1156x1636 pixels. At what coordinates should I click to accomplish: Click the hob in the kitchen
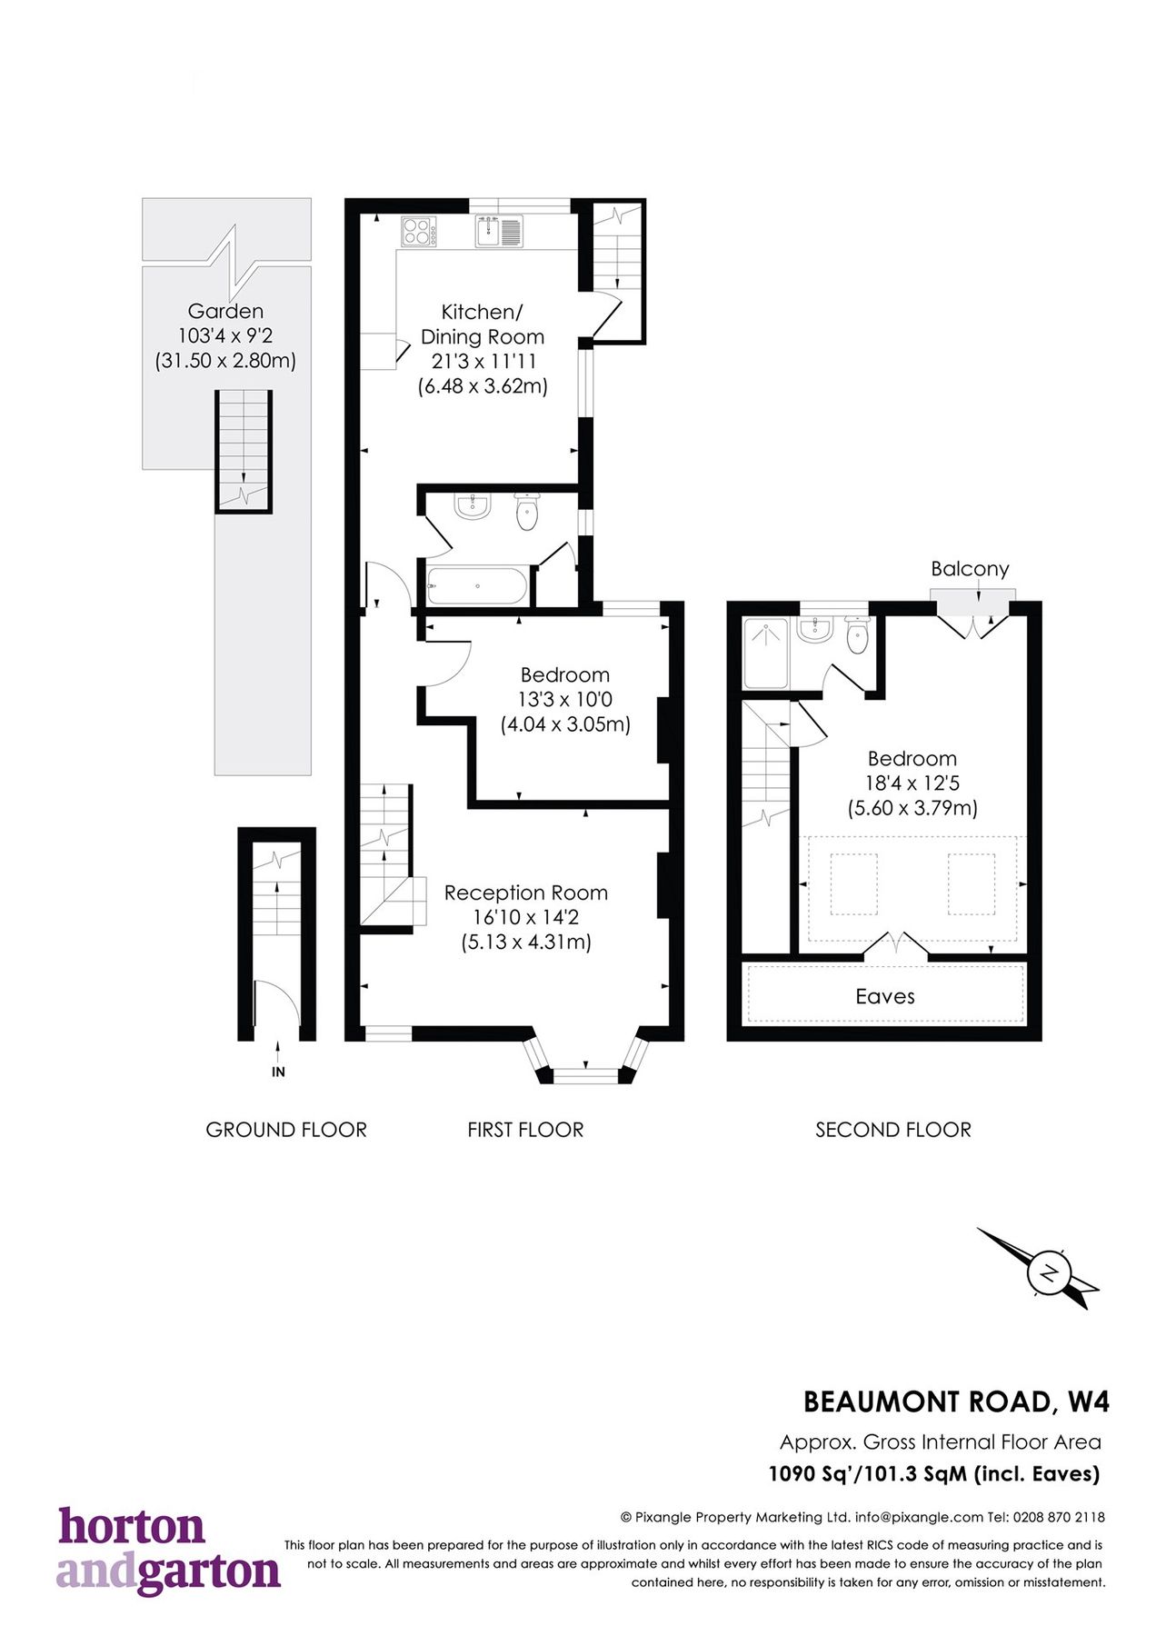418,231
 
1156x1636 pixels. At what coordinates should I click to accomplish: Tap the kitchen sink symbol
498,231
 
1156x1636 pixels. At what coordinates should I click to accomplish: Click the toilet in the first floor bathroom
526,512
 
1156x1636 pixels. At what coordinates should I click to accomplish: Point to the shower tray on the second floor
766,653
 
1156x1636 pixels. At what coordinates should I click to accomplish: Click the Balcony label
970,569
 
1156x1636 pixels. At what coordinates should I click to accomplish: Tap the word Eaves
884,996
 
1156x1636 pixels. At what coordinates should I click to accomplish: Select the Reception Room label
525,893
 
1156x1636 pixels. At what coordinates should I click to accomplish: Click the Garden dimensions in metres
225,361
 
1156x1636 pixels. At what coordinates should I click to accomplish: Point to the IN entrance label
278,1072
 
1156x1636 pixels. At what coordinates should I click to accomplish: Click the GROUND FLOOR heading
286,1130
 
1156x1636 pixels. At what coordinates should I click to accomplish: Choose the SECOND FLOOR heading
892,1130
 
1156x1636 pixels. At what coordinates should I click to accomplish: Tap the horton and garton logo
168,1551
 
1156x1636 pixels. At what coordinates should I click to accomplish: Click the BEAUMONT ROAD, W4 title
956,1402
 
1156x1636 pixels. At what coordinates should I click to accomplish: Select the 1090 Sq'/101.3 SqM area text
933,1473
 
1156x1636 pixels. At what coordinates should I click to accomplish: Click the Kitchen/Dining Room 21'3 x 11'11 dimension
483,361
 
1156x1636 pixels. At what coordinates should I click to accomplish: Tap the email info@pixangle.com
919,1517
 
